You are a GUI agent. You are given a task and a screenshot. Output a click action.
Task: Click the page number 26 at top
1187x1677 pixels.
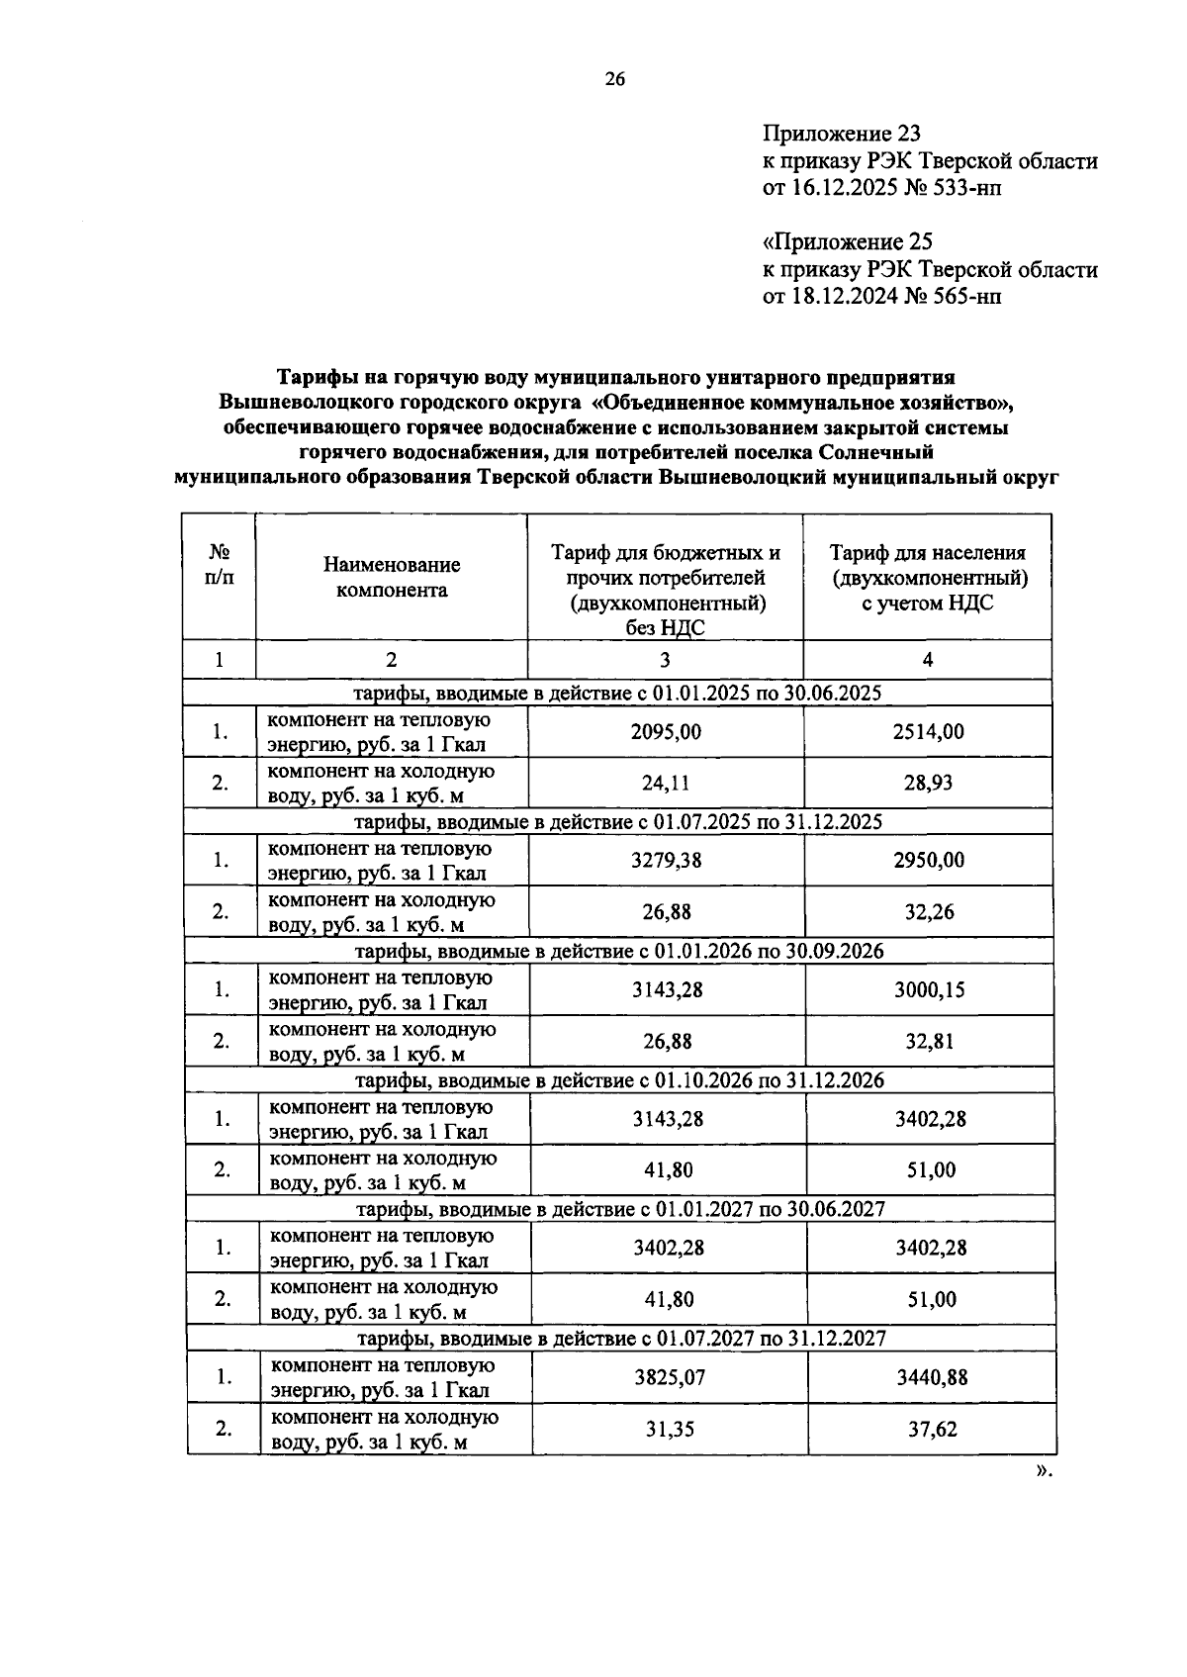614,80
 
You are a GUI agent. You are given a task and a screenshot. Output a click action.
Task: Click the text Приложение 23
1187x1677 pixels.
841,133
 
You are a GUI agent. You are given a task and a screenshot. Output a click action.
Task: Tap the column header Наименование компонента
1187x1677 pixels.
392,577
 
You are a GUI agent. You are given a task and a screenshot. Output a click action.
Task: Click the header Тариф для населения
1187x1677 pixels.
927,553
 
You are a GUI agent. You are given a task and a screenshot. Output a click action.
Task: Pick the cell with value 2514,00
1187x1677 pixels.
928,731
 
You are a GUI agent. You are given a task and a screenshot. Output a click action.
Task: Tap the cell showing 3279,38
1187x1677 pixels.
666,860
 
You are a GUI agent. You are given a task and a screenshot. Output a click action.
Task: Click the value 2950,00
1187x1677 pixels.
928,860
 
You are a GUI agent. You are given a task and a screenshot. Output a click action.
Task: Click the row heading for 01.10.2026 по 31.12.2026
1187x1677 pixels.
619,1079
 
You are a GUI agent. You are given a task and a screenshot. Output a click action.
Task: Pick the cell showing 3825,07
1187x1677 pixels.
669,1376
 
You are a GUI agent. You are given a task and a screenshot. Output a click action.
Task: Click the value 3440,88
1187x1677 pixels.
931,1376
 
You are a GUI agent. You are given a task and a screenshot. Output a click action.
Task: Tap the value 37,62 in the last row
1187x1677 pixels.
931,1429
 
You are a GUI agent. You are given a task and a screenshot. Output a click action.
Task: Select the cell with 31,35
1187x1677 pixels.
669,1429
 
